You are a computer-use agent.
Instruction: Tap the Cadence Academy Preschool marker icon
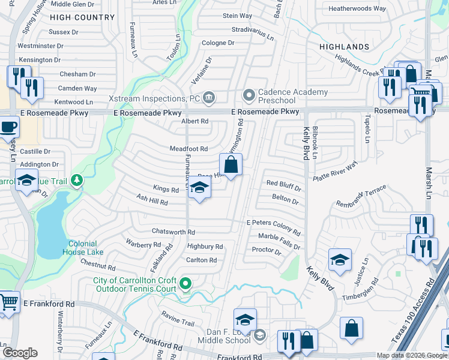(248, 95)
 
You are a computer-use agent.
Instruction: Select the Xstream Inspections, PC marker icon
(208, 97)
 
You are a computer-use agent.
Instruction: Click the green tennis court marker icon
(186, 284)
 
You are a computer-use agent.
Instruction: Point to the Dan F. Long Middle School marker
(259, 334)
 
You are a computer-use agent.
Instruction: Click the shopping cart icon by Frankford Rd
(8, 302)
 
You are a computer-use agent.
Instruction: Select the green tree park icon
(76, 180)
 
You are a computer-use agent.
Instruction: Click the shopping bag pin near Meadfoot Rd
(231, 164)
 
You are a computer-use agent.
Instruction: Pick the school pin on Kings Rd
(199, 190)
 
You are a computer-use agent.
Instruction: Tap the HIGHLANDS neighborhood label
(344, 47)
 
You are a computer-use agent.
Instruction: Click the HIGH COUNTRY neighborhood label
(82, 18)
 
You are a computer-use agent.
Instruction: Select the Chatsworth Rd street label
(173, 232)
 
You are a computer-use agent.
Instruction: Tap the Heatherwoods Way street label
(357, 9)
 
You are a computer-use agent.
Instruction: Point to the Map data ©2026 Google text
(411, 355)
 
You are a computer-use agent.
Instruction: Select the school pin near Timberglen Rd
(340, 260)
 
